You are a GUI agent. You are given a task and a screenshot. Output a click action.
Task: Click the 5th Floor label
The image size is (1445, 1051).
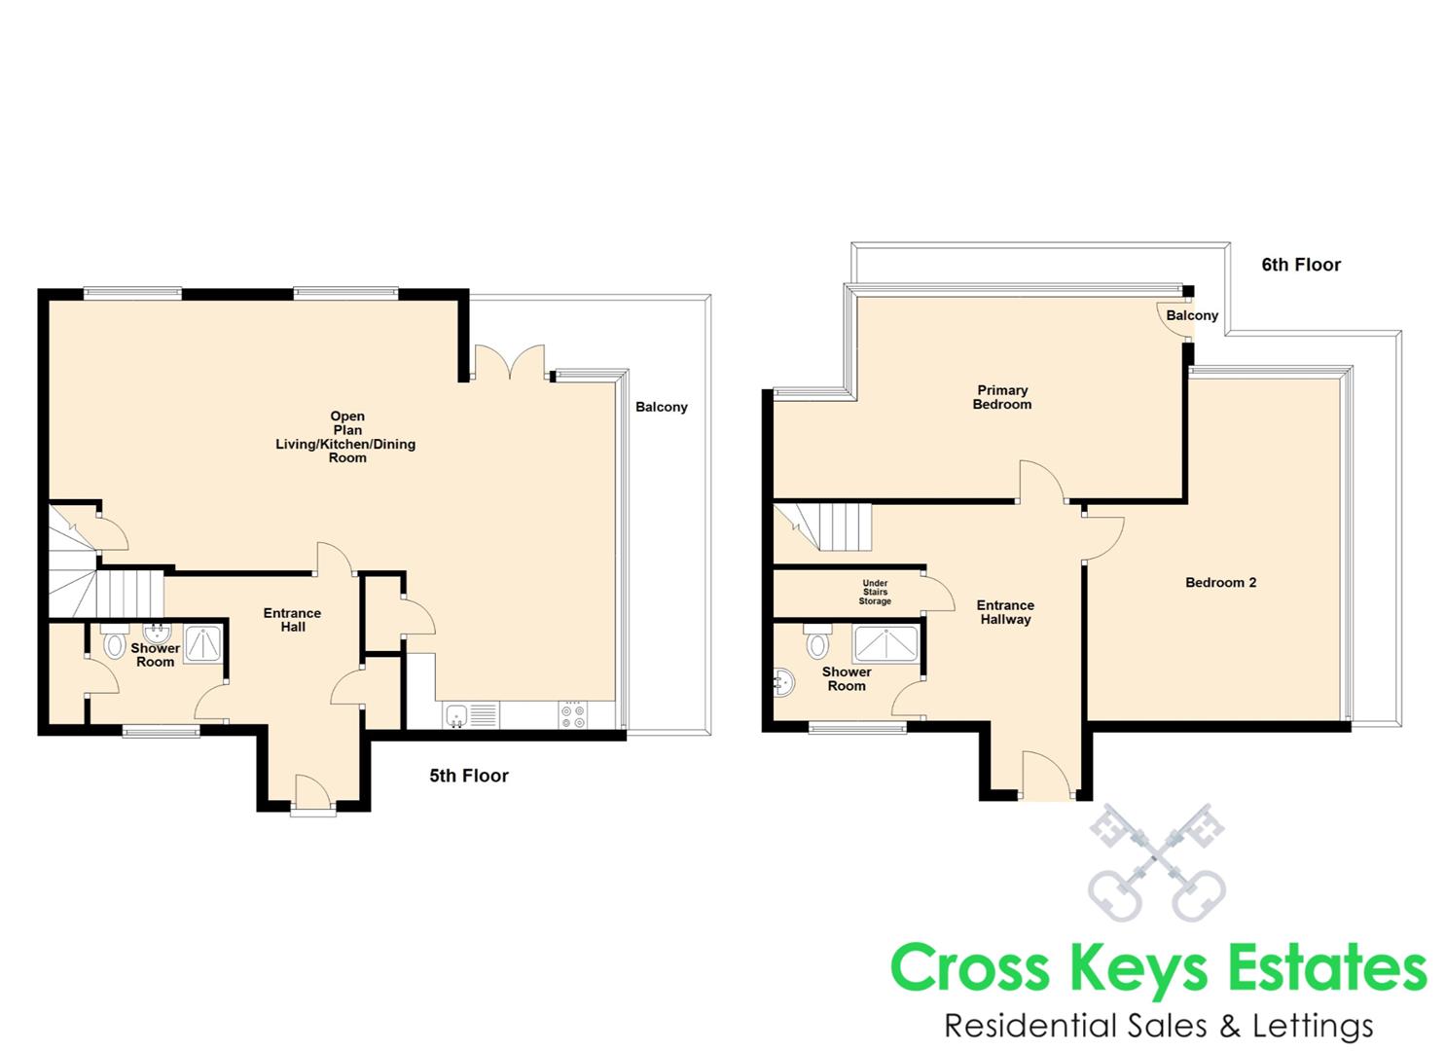pos(469,776)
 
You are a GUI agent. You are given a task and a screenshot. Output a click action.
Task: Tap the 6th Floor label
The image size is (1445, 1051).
pos(1301,265)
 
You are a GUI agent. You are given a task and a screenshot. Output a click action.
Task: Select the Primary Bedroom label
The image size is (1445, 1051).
pos(1002,397)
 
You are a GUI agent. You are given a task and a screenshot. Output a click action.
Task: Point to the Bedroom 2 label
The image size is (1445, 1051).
pos(1220,583)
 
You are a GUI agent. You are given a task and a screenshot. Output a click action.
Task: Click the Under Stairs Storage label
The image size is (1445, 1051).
pos(875,593)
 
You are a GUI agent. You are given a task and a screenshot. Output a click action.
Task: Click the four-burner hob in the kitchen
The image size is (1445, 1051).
pos(573,714)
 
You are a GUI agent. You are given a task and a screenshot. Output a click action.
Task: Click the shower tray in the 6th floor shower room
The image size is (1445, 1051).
pos(885,644)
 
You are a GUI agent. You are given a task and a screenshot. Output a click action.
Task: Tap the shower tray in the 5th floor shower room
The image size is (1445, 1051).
pos(203,643)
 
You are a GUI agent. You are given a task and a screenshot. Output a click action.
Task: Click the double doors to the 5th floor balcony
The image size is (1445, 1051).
pos(510,362)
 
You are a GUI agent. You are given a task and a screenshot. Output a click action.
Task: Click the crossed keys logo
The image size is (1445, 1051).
pos(1156,862)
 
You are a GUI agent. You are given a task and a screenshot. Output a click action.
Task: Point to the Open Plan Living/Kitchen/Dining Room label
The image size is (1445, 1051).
pos(346,437)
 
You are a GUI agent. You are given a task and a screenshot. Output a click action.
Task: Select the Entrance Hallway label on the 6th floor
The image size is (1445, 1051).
pos(1005,612)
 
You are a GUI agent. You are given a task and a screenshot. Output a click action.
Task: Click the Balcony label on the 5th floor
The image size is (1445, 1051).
pos(662,407)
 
